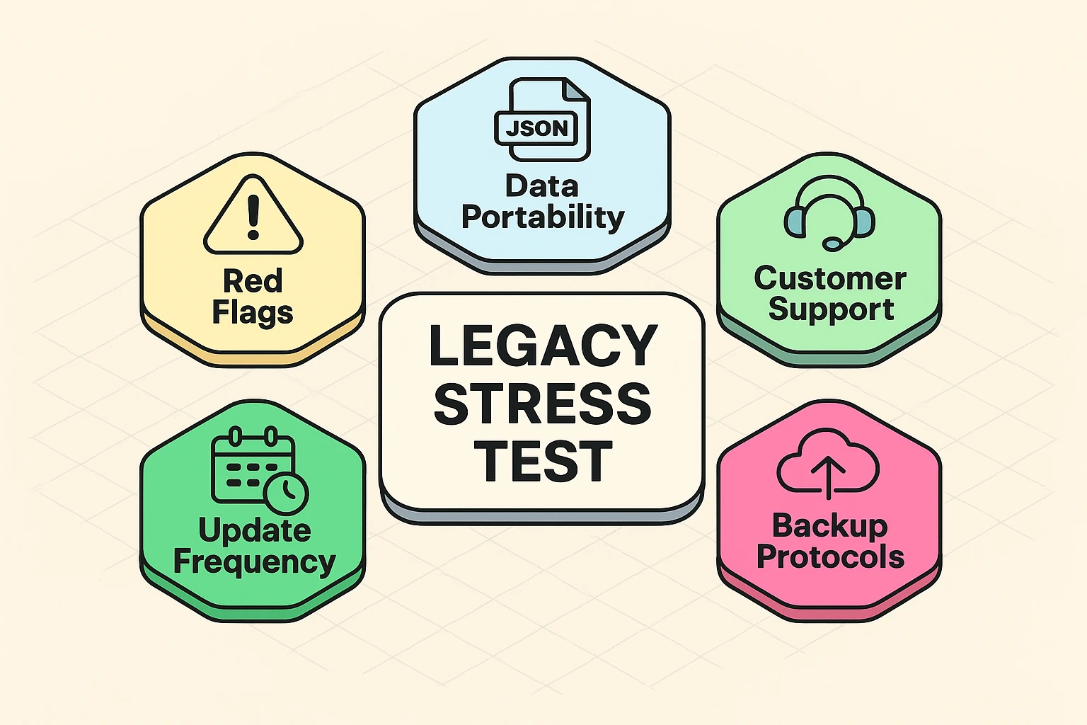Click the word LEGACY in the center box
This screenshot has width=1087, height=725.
tap(543, 346)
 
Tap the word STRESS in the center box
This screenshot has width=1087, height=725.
tap(542, 404)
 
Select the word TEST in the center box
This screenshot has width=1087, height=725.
tap(542, 462)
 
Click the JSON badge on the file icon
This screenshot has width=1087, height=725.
tap(536, 128)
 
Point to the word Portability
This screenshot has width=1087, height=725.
tap(543, 217)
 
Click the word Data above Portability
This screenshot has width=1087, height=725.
tap(542, 186)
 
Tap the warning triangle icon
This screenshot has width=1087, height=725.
tap(253, 216)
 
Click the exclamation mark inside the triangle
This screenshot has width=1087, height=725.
tap(253, 217)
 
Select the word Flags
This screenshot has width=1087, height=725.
tap(253, 312)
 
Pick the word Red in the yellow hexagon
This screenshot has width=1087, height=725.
tap(253, 281)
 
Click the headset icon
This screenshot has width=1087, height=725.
tap(829, 212)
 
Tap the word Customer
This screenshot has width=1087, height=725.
tap(830, 278)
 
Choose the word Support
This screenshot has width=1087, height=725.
tap(831, 309)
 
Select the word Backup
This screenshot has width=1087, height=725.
tap(829, 526)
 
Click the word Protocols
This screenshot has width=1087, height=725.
tap(830, 557)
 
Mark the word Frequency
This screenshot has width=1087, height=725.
tap(254, 562)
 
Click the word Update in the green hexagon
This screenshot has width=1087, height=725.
tap(254, 530)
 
